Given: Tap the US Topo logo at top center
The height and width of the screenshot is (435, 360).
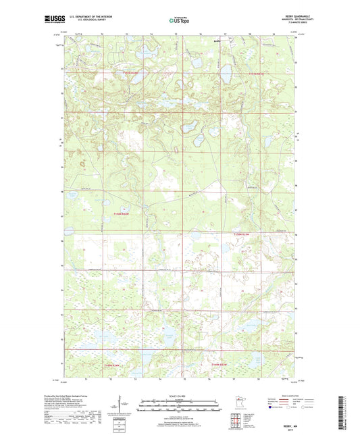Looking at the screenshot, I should point(179,21).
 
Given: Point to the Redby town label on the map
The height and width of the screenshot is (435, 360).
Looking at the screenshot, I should point(217,41).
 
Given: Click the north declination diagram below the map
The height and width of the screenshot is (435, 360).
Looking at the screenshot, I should point(122,408).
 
